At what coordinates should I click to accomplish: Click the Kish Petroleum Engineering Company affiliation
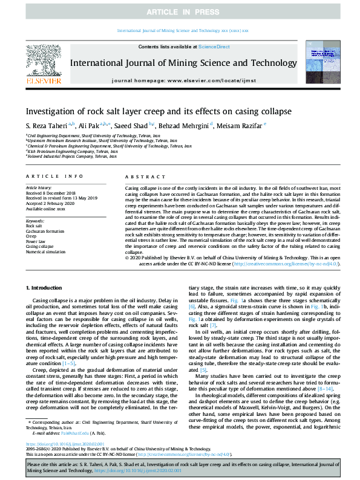point(73,152)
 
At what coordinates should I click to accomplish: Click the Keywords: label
point(35,221)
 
